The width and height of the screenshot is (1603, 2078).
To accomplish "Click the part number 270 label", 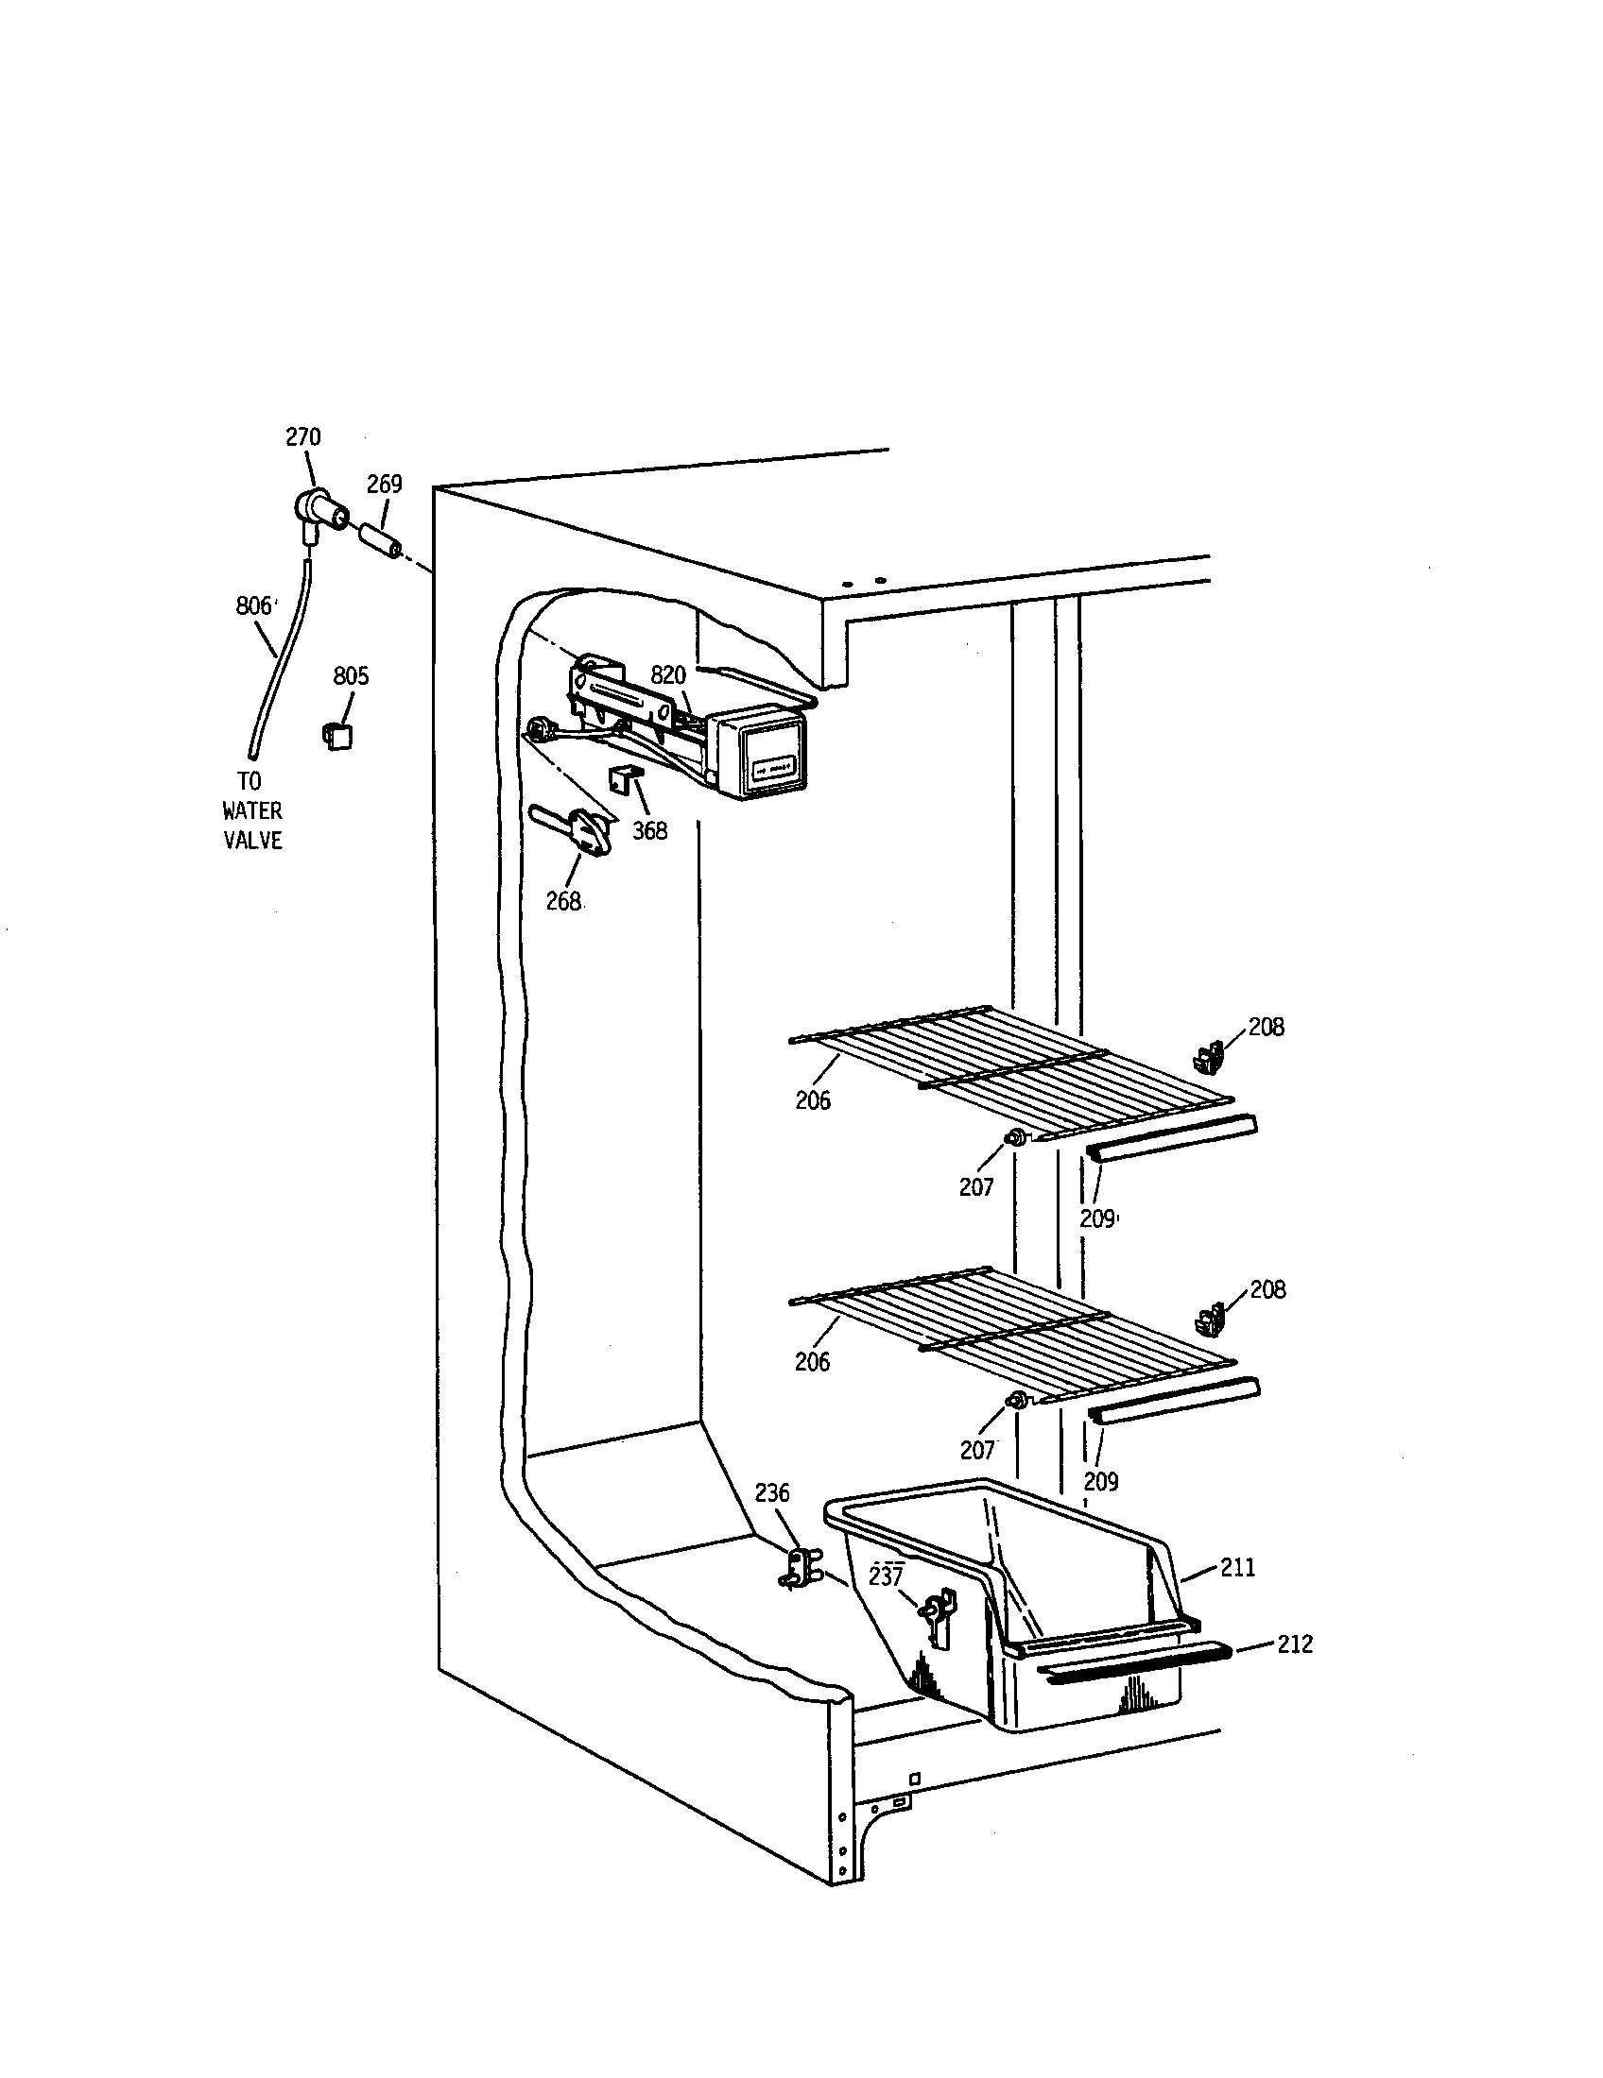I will click(303, 436).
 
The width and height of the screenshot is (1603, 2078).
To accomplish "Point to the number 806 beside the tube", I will click(253, 606).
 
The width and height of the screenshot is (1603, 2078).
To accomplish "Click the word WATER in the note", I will click(252, 810).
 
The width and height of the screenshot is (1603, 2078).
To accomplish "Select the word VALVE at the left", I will click(252, 840).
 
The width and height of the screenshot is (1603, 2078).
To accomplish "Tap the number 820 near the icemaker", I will click(667, 675).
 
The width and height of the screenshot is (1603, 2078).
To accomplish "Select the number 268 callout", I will click(563, 901).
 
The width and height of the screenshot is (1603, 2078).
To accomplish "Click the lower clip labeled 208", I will click(1208, 1320).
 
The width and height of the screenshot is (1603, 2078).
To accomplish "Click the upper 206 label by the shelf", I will click(813, 1100).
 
